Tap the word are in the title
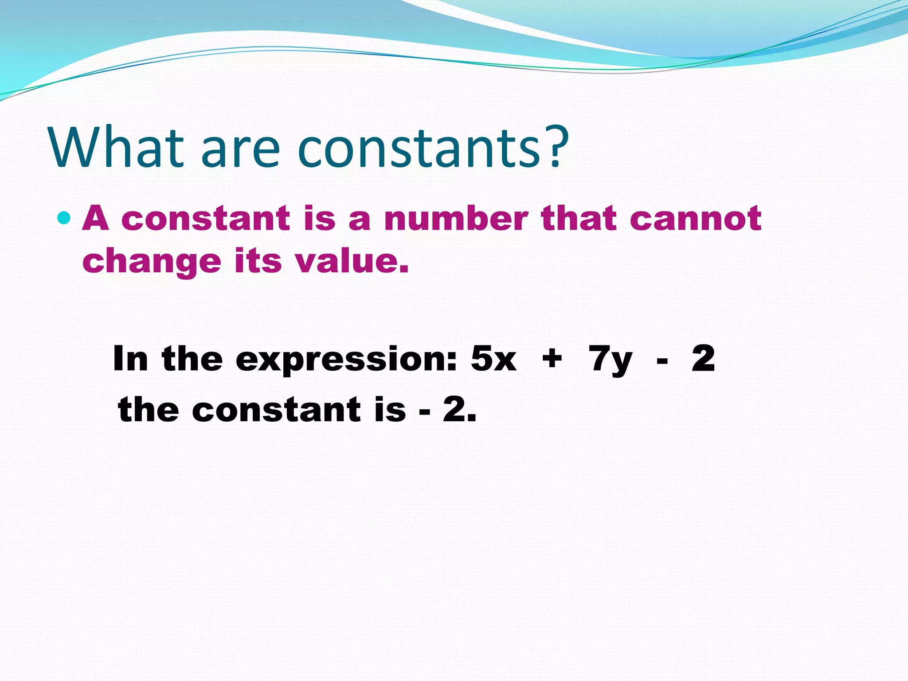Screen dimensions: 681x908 point(240,151)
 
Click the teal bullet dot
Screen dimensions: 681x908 point(64,218)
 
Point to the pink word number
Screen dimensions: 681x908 point(456,218)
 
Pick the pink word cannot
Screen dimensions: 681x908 point(695,218)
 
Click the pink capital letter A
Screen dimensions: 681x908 point(96,218)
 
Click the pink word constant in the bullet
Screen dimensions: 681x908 point(205,218)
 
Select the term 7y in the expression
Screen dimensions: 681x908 point(610,360)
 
